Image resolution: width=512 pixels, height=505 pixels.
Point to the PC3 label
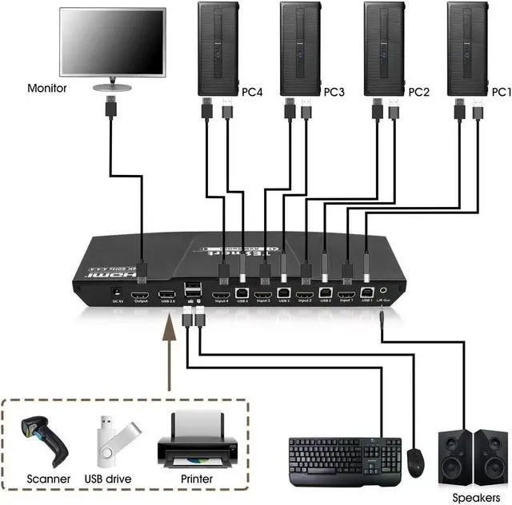[334, 92]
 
